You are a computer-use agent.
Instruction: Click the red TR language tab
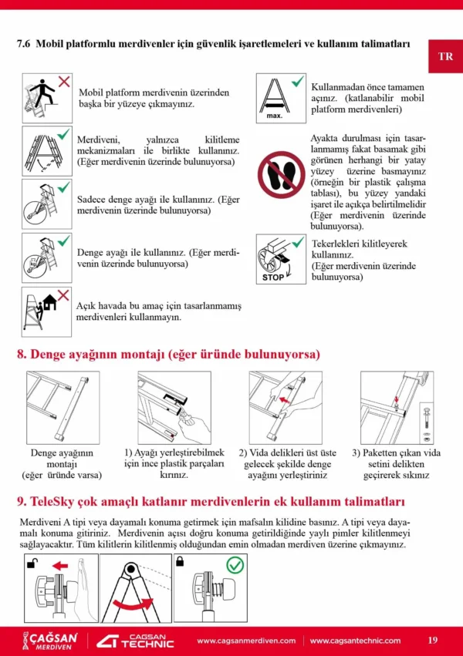click(445, 56)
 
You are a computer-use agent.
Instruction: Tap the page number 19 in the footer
click(432, 640)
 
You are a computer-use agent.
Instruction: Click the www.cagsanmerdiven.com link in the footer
click(246, 641)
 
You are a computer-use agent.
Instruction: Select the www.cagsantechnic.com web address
click(355, 641)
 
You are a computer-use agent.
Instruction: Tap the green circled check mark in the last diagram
click(235, 567)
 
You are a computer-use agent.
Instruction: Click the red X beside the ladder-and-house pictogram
click(64, 294)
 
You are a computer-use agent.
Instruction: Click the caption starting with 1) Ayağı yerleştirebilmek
click(174, 464)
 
